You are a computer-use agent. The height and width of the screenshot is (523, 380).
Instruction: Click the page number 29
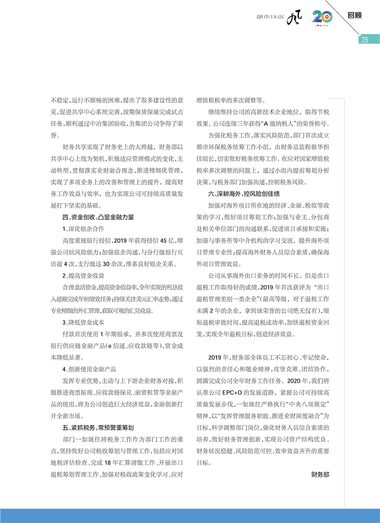[364, 39]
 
